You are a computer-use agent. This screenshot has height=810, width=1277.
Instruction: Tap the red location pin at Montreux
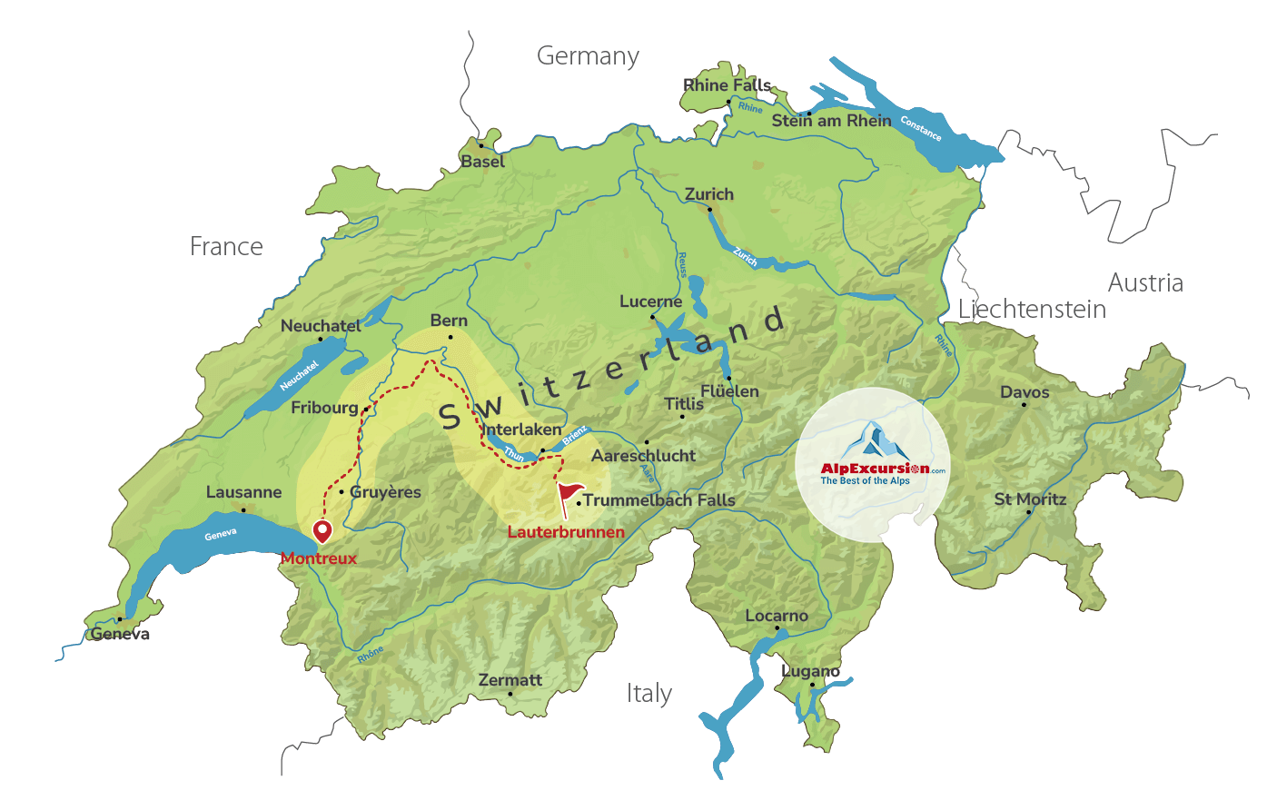point(322,530)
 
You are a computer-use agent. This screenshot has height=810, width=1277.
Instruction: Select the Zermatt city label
point(510,680)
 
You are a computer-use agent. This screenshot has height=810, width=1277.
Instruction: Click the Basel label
point(482,162)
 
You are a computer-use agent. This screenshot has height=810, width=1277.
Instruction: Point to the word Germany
point(588,56)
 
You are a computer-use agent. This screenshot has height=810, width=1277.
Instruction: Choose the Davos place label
point(1025,392)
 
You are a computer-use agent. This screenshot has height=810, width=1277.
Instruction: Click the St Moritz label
point(1030,499)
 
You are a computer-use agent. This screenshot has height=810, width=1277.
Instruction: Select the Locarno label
point(777,616)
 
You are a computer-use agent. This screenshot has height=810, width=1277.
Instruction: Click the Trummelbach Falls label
point(658,500)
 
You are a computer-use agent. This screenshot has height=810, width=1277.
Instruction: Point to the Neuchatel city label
point(321,326)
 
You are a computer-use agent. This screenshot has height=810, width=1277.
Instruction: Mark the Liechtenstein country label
point(1032,310)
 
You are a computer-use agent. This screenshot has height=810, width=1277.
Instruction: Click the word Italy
point(649,694)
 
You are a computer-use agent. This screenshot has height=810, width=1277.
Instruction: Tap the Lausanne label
point(243,492)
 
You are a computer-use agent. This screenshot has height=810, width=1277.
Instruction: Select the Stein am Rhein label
point(831,121)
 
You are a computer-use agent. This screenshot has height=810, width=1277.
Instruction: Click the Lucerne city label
point(650,301)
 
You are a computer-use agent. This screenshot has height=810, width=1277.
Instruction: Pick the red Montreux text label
point(319,558)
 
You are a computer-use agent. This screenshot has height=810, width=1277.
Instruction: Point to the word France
point(226,247)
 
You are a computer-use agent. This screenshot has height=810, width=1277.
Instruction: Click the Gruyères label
point(385,492)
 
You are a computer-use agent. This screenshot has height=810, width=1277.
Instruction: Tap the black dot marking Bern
point(450,338)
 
